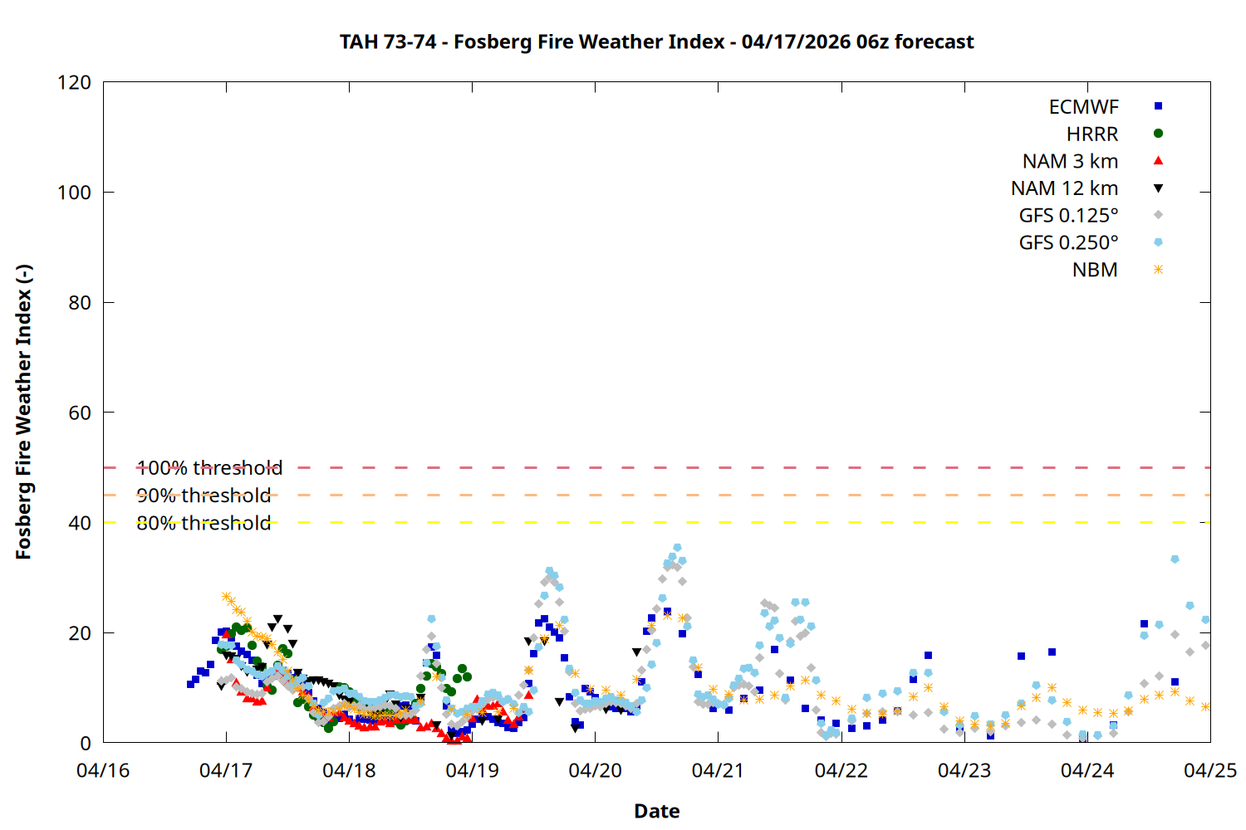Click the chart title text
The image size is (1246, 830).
pyautogui.click(x=656, y=41)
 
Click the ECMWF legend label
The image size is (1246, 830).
pyautogui.click(x=1083, y=107)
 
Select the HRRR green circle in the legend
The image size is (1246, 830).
pyautogui.click(x=1158, y=134)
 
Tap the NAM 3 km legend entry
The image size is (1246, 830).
pyautogui.click(x=1070, y=161)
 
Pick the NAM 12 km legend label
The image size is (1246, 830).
pyautogui.click(x=1064, y=188)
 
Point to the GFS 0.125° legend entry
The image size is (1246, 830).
pyautogui.click(x=1068, y=216)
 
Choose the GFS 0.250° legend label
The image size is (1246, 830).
pyautogui.click(x=1068, y=243)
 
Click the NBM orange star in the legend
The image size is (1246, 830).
pyautogui.click(x=1158, y=270)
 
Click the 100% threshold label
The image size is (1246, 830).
pyautogui.click(x=209, y=468)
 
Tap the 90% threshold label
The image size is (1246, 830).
pyautogui.click(x=204, y=496)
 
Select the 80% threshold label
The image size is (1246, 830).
pyautogui.click(x=204, y=523)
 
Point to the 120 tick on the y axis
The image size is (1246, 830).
pyautogui.click(x=74, y=83)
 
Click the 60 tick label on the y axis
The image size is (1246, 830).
pyautogui.click(x=80, y=413)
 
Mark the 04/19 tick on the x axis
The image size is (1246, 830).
pyautogui.click(x=472, y=770)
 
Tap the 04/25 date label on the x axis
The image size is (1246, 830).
pyautogui.click(x=1209, y=770)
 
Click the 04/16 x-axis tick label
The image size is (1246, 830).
pyautogui.click(x=103, y=770)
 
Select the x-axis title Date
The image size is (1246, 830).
pyautogui.click(x=656, y=811)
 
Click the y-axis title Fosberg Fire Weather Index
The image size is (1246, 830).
pyautogui.click(x=23, y=413)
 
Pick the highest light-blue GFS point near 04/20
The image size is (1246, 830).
pyautogui.click(x=677, y=548)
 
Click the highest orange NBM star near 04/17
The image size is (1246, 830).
pyautogui.click(x=226, y=597)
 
